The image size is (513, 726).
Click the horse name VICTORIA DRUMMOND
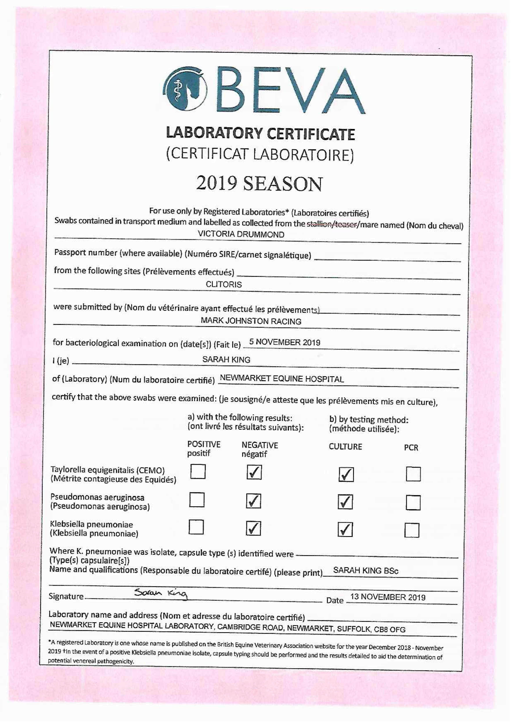(241, 234)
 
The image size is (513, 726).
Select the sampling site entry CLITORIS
(224, 284)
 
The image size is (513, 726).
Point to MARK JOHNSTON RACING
(251, 321)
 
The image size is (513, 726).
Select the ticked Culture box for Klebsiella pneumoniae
(345, 529)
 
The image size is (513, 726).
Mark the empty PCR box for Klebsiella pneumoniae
(412, 530)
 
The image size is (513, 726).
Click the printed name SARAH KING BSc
(366, 571)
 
